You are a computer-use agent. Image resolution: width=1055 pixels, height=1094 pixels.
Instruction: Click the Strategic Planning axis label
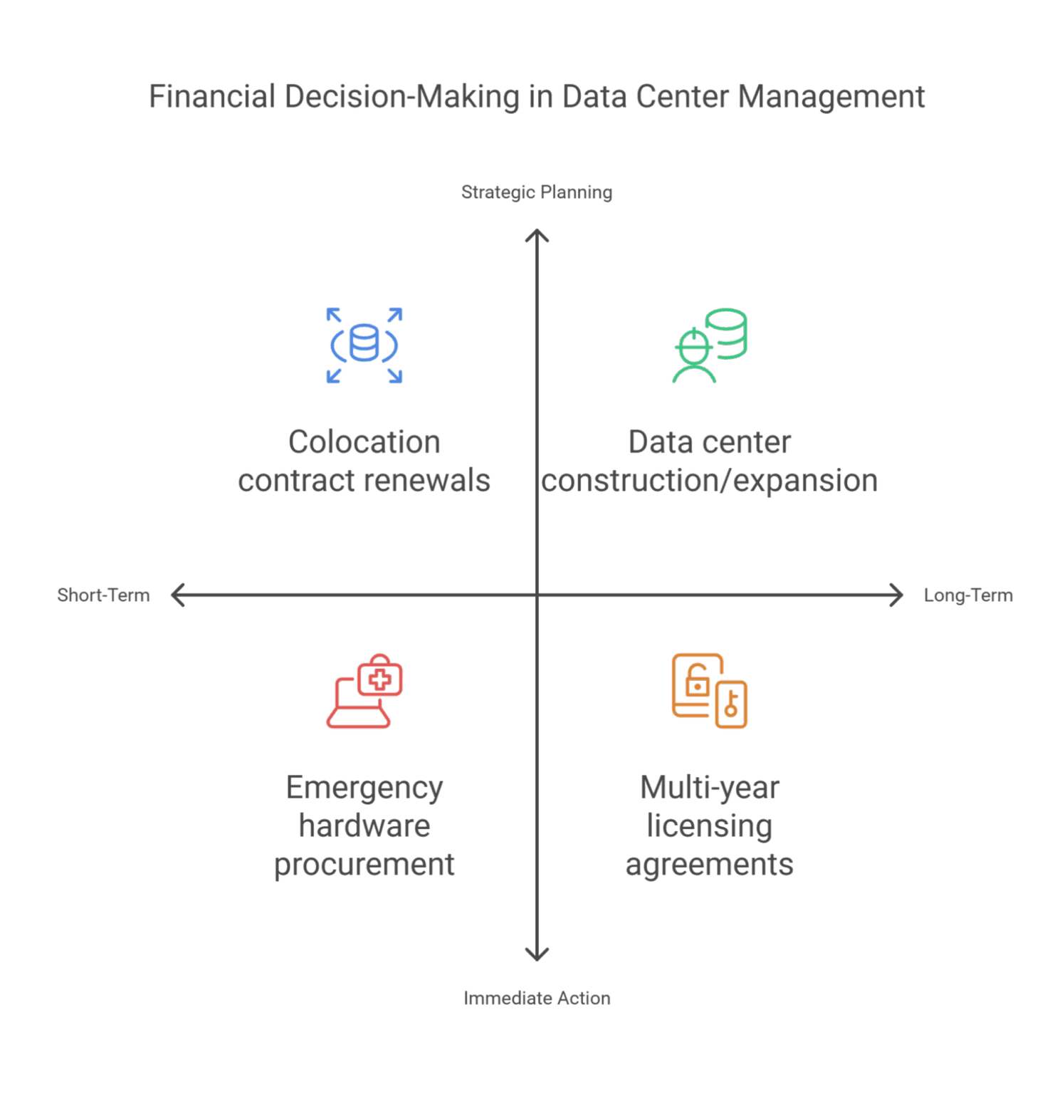tap(537, 192)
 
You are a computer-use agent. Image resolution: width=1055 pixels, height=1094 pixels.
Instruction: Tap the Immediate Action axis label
tap(537, 998)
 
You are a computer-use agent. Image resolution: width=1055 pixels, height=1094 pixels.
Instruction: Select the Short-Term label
tap(103, 595)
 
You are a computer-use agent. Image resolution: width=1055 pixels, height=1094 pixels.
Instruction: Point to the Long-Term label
tap(967, 595)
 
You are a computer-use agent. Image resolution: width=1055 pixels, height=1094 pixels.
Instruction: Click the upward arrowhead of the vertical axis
tap(537, 235)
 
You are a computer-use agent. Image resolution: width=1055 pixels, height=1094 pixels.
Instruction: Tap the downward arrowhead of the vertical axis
tap(537, 955)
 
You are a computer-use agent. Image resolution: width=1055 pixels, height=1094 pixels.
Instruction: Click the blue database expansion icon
tap(364, 345)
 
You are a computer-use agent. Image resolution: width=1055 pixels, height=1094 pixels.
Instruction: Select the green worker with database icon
tap(710, 345)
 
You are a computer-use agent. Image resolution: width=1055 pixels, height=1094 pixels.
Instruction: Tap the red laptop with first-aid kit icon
tap(364, 691)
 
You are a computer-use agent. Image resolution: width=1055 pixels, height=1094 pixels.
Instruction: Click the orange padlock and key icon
tap(710, 691)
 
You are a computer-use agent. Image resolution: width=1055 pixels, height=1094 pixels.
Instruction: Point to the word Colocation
tap(364, 442)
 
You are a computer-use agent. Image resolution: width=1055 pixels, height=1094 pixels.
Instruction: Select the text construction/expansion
tap(710, 481)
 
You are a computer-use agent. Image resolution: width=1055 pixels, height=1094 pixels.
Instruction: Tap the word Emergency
tap(364, 788)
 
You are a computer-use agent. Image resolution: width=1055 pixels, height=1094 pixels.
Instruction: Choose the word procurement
tap(364, 865)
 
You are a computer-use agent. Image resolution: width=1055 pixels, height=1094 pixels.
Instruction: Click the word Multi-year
tap(710, 788)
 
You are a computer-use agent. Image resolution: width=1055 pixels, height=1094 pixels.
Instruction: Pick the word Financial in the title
tap(212, 97)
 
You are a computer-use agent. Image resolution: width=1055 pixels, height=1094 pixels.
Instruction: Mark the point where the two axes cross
tap(537, 595)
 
